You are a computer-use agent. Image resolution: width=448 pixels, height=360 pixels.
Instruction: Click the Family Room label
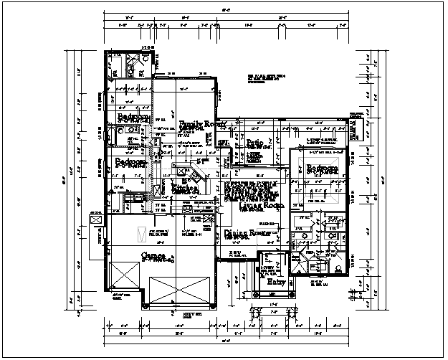tap(203, 123)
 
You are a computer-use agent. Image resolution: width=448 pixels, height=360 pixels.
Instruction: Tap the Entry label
tap(277, 283)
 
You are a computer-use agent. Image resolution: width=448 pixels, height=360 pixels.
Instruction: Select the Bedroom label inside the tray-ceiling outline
tap(323, 169)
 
